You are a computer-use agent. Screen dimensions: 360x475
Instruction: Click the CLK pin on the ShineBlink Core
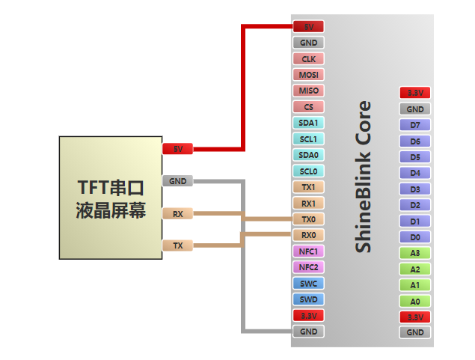click(x=308, y=58)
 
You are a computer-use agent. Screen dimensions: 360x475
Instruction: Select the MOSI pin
click(x=308, y=75)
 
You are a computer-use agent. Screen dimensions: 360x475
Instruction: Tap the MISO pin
click(x=308, y=91)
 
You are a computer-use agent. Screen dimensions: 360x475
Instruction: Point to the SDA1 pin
click(x=308, y=123)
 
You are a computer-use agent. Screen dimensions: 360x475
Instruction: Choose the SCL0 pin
click(x=308, y=171)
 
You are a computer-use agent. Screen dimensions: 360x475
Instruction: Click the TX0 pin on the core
click(x=308, y=219)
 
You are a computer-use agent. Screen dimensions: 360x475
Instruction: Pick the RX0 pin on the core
click(x=308, y=235)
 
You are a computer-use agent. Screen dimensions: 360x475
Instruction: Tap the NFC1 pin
click(x=308, y=251)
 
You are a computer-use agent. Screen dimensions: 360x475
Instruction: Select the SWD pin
click(x=308, y=299)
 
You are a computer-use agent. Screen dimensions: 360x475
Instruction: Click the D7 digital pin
click(x=415, y=125)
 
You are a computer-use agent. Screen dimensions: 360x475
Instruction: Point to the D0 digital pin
click(x=415, y=237)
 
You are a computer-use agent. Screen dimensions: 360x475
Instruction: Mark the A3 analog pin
click(x=415, y=253)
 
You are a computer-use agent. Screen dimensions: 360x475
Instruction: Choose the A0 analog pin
click(x=415, y=301)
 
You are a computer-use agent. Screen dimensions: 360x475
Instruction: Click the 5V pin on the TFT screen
click(x=178, y=149)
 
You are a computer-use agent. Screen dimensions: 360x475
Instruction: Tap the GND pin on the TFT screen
click(x=178, y=181)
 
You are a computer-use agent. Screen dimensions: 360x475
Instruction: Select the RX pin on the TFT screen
click(x=178, y=213)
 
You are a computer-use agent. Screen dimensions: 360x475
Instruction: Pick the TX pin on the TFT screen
click(x=178, y=245)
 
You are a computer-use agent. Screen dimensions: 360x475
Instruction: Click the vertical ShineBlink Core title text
click(x=363, y=177)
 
